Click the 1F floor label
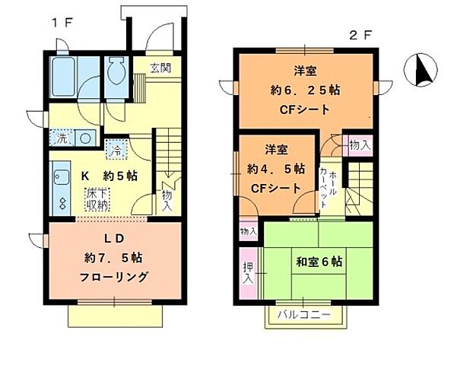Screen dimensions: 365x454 [x=62, y=24]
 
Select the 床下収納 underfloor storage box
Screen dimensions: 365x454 [x=96, y=200]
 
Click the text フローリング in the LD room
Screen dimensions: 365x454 [x=115, y=277]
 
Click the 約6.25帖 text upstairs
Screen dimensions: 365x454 [x=305, y=90]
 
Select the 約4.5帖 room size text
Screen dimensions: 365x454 [x=275, y=168]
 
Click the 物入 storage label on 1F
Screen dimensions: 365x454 [x=167, y=201]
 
